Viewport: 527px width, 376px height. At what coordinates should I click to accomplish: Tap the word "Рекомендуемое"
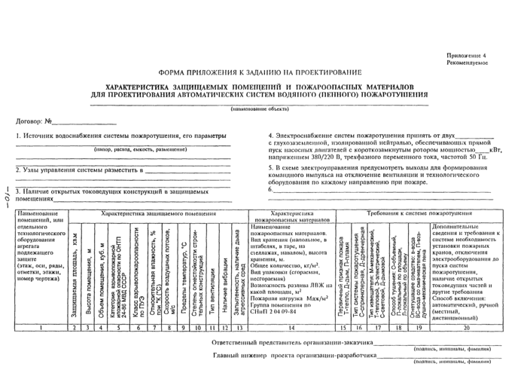(471, 64)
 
